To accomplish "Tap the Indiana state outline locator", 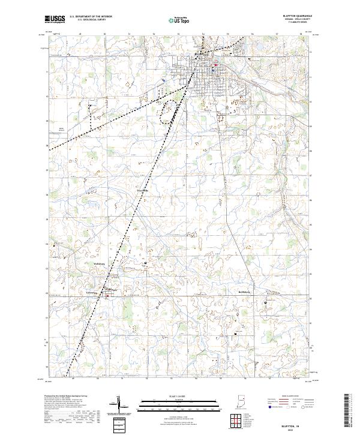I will point(242,401).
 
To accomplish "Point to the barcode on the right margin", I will point(347,411).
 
